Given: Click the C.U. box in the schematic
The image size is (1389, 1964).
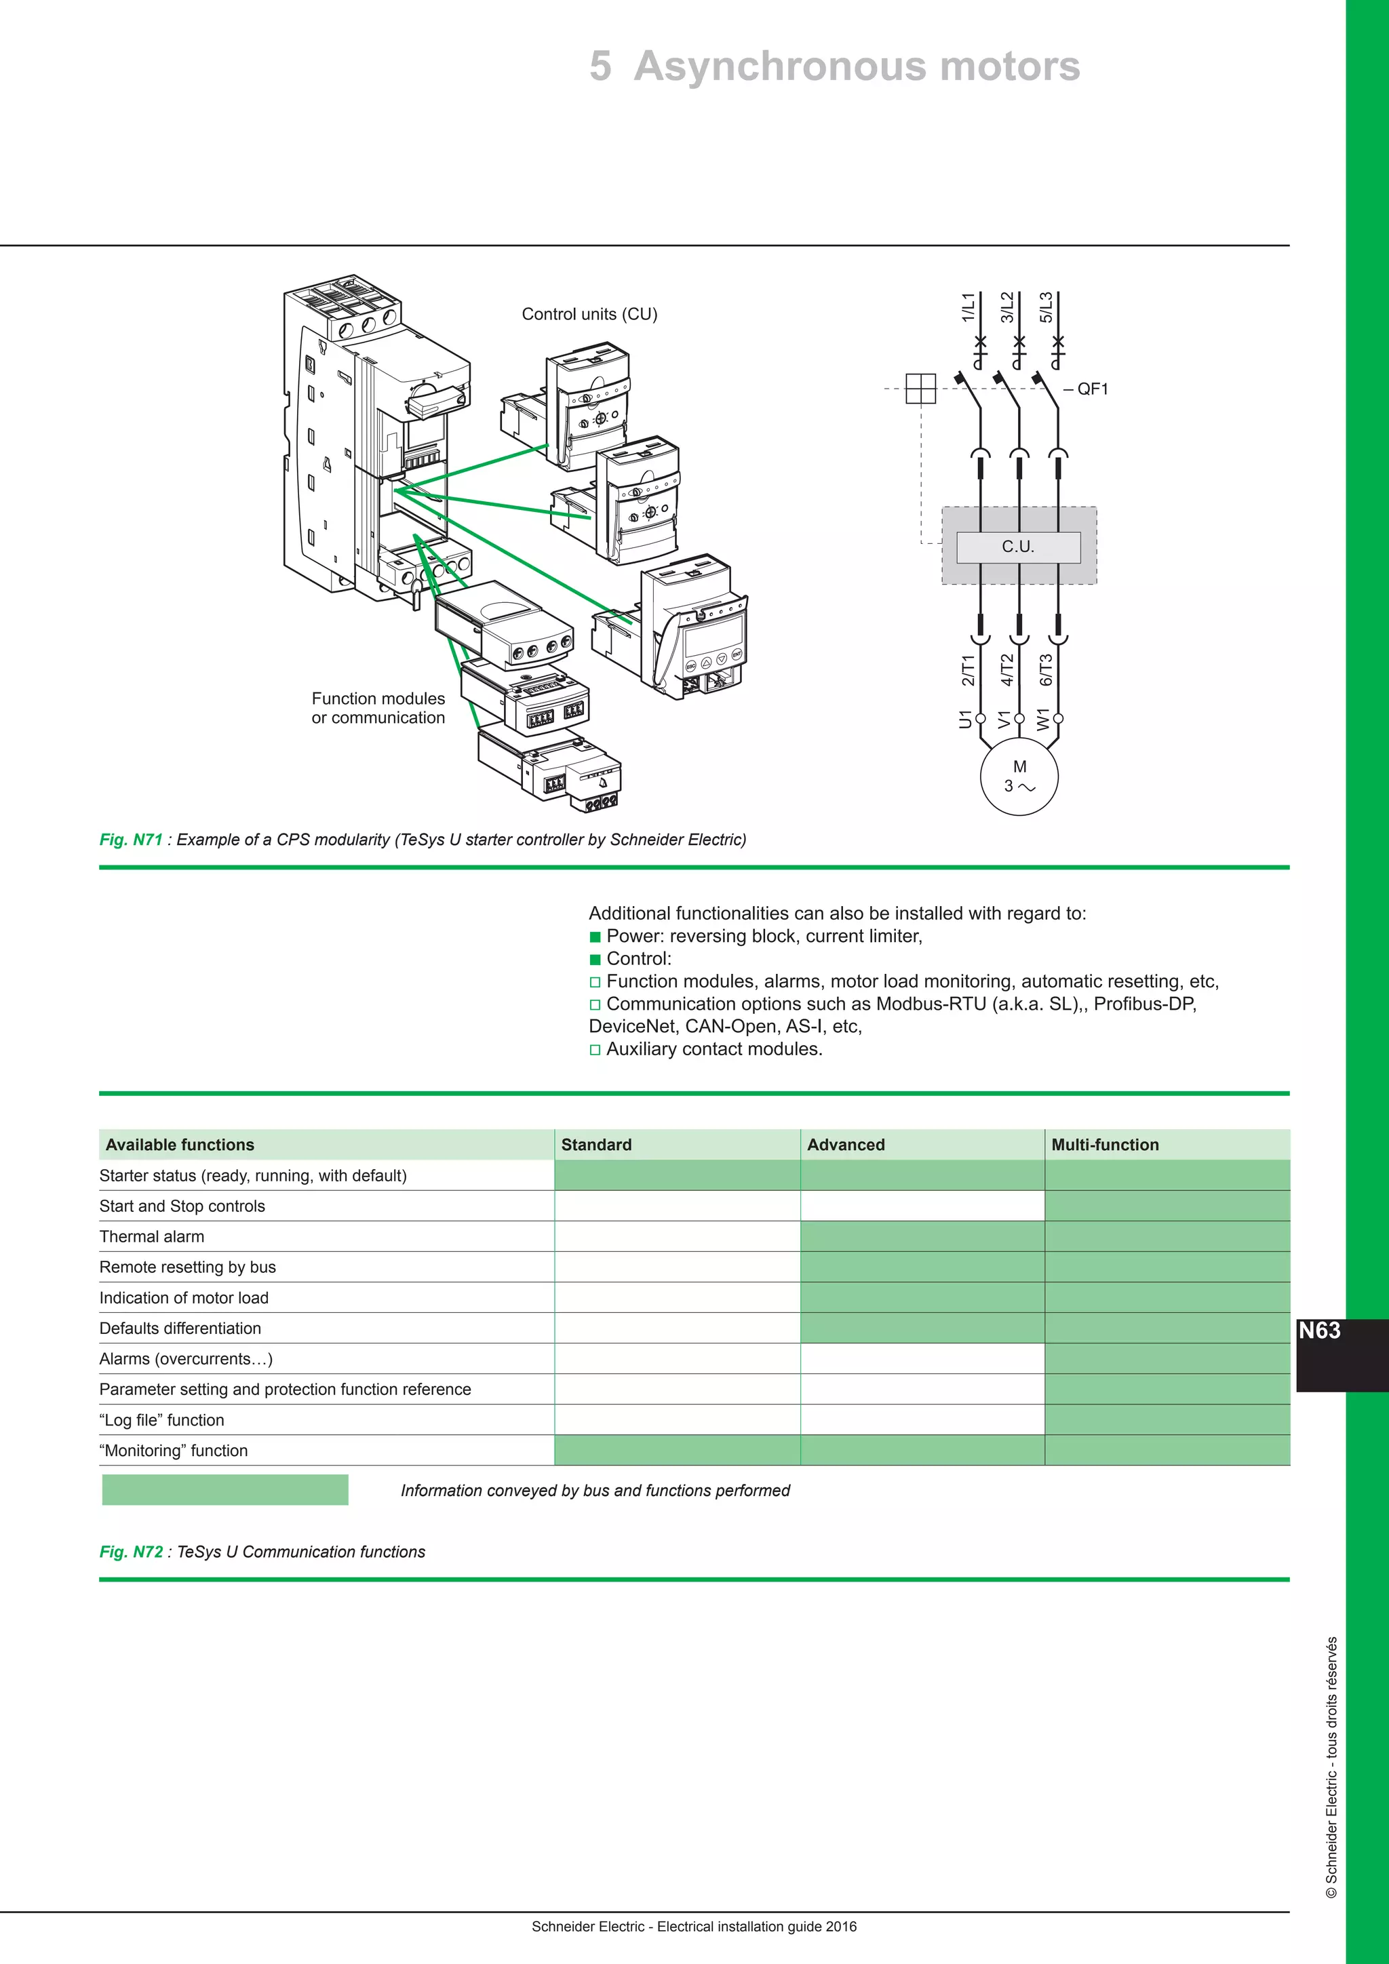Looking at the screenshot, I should click(x=1018, y=547).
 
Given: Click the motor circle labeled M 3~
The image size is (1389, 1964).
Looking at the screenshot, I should click(x=1019, y=776).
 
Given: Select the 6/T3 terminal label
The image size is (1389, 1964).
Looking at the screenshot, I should click(x=1046, y=670).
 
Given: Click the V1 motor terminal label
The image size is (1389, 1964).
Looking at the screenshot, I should click(x=1005, y=719).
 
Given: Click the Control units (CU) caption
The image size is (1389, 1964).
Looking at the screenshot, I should click(x=589, y=314).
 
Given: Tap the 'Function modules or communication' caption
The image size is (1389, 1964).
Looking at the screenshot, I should click(x=378, y=708).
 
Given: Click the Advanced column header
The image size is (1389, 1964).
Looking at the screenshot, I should click(x=846, y=1145).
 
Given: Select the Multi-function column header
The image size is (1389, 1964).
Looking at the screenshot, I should click(x=1104, y=1145).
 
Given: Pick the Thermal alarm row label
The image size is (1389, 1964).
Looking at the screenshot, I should click(x=152, y=1236).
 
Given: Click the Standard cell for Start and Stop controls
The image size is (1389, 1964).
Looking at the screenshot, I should click(x=677, y=1206).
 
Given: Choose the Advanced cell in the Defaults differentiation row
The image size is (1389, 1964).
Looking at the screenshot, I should click(x=922, y=1328).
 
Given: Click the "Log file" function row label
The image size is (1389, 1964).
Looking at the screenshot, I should click(x=161, y=1420).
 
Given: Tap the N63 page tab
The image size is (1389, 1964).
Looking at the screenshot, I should click(x=1320, y=1331).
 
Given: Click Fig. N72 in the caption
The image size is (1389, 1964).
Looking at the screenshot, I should click(x=131, y=1552).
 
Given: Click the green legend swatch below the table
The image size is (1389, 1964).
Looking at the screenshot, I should click(x=225, y=1489).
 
